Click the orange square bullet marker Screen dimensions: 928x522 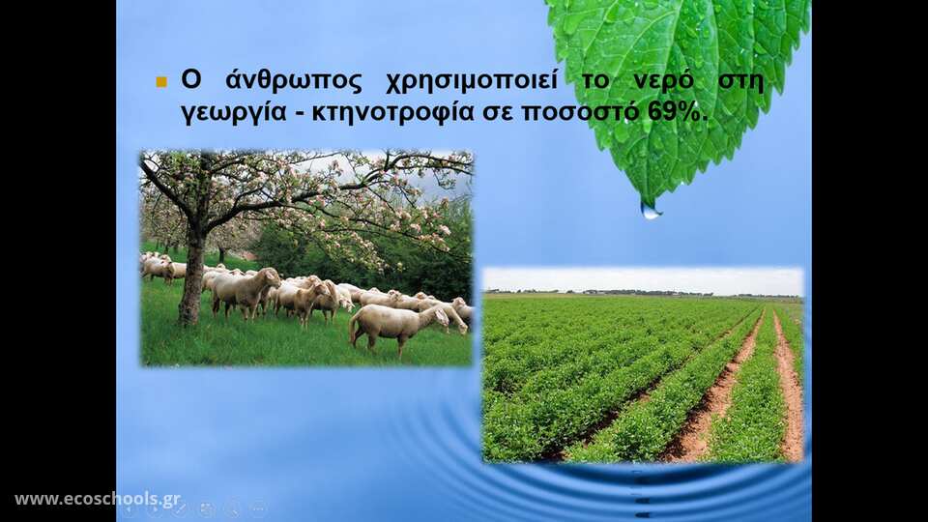point(161,81)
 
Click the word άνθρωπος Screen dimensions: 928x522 point(294,81)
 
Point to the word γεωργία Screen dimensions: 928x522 point(234,112)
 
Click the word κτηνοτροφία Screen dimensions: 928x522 point(393,112)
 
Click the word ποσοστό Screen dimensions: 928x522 point(580,112)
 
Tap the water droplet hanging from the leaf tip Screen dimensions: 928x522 point(651,210)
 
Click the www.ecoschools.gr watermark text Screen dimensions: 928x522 point(98,499)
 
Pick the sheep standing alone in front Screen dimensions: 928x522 point(398,328)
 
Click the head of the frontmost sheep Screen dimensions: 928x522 point(441,316)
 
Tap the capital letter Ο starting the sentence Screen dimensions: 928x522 point(190,80)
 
